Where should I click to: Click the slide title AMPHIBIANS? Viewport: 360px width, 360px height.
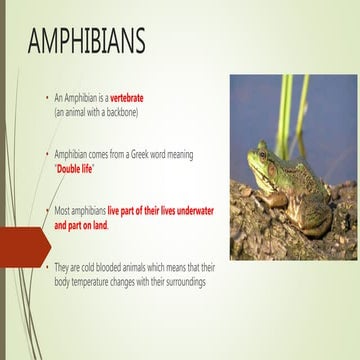pyautogui.click(x=87, y=41)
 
